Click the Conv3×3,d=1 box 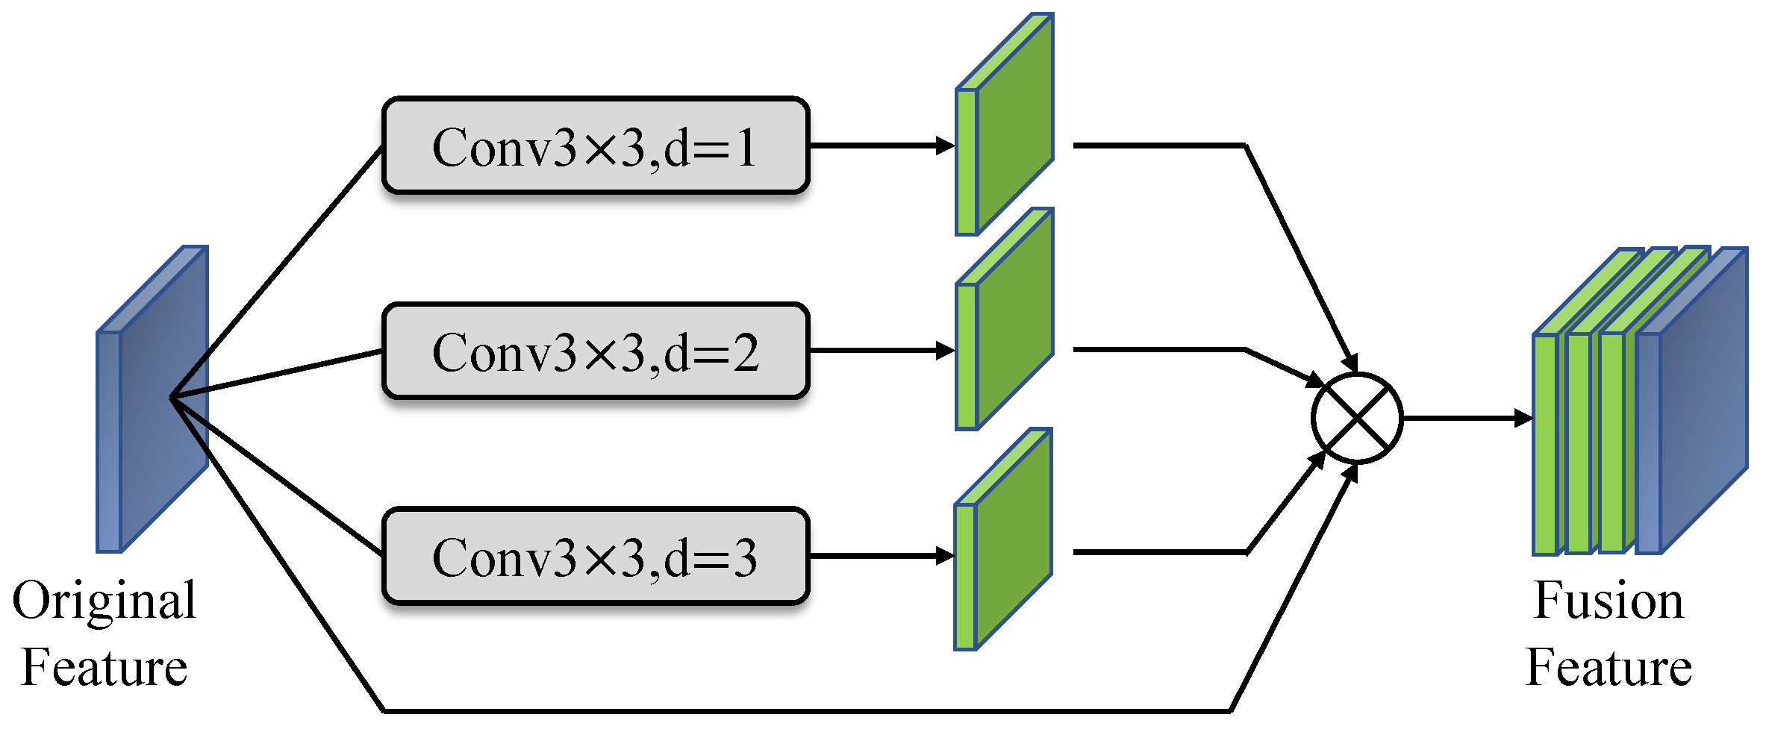point(595,146)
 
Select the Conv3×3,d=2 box point(595,351)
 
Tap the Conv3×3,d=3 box point(595,556)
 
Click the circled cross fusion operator point(1357,418)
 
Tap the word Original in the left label point(104,601)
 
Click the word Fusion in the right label point(1609,600)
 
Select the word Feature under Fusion point(1609,667)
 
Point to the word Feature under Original point(104,667)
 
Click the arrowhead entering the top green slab point(945,146)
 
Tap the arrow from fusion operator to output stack point(1463,418)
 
